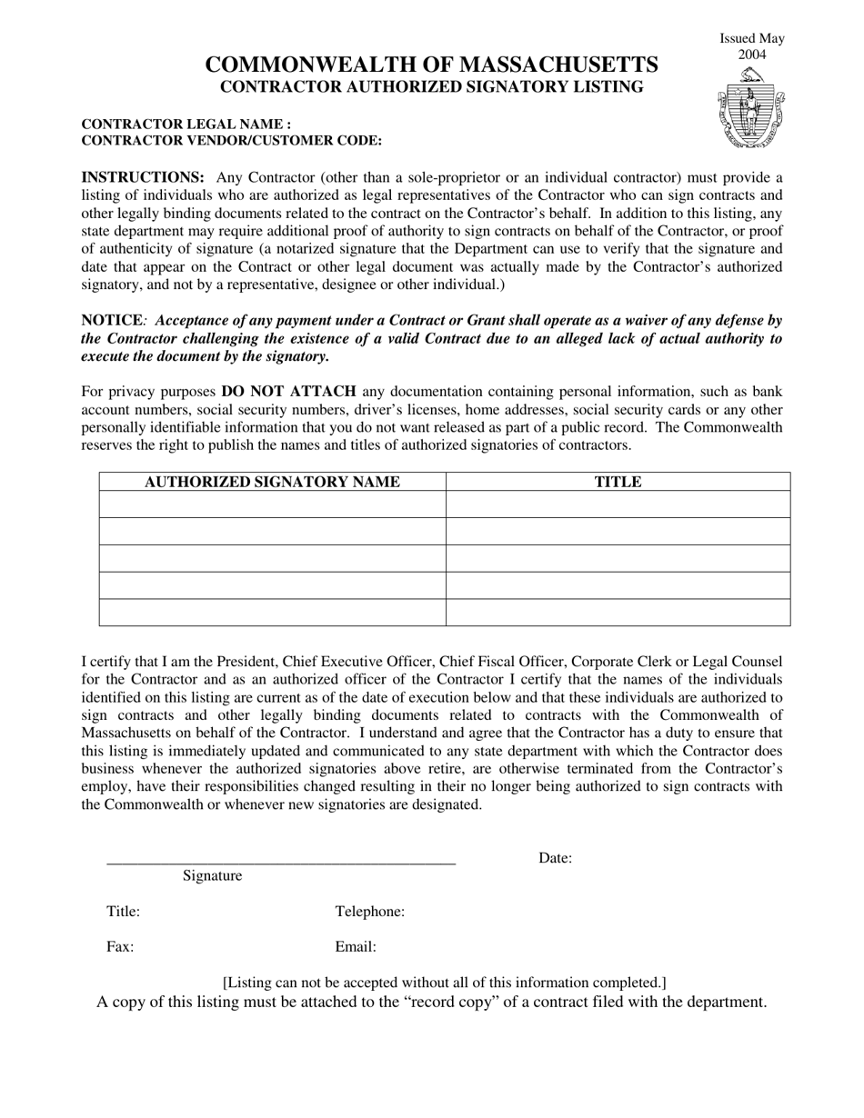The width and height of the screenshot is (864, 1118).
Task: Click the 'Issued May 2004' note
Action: [x=752, y=46]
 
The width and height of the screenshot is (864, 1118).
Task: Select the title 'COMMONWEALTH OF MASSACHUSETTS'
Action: [x=431, y=65]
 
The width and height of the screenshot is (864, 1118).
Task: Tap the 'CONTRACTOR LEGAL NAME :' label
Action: [x=186, y=125]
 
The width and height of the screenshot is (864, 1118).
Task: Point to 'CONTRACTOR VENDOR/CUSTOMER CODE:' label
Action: [x=231, y=141]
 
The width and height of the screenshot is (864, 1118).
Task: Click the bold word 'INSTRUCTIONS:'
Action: [x=143, y=177]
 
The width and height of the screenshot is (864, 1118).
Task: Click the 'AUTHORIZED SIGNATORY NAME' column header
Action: [x=273, y=482]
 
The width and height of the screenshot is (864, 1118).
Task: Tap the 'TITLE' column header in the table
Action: [x=618, y=482]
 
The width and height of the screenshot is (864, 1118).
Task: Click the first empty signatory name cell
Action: [x=273, y=504]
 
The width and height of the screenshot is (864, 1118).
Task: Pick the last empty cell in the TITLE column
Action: [x=618, y=613]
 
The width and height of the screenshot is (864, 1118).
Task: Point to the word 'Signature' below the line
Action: [x=212, y=876]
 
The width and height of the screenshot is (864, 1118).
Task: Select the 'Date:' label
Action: [x=555, y=858]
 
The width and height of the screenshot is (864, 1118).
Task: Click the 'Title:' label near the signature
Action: [x=123, y=912]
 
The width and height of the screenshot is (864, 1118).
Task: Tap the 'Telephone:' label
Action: [x=370, y=912]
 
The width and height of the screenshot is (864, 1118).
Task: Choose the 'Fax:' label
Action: [x=120, y=947]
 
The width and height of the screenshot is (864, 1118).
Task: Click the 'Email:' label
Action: [x=356, y=947]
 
